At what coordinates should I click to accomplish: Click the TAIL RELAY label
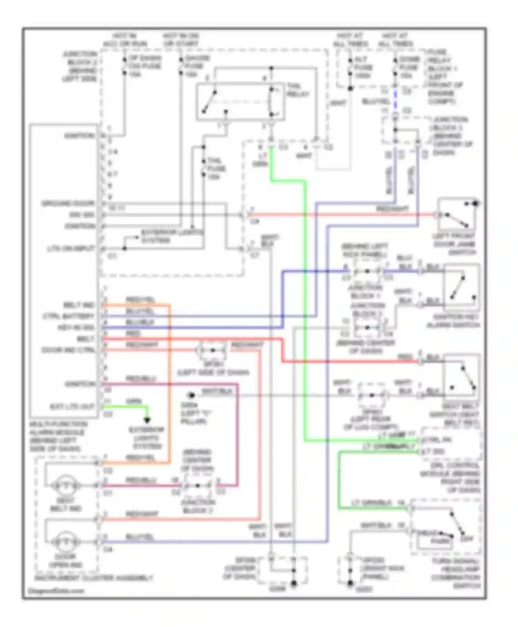point(298,90)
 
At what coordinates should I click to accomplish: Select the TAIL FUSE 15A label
point(216,169)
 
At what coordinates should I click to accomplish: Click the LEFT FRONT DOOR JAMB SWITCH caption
point(454,244)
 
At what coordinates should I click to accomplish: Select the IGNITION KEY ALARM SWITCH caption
point(453,321)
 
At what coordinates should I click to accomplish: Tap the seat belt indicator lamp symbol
point(66,486)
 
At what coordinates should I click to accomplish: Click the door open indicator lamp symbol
point(66,542)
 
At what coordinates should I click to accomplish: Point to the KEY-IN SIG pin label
point(76,327)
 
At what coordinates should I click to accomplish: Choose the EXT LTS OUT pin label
point(72,406)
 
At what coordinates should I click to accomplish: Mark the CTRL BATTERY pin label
point(68,316)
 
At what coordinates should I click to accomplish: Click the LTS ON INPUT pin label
point(71,249)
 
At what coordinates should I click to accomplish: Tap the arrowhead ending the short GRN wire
point(147,420)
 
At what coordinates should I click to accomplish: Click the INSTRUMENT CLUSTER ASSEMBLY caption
point(93,578)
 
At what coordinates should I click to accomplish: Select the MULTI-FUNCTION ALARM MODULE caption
point(57,436)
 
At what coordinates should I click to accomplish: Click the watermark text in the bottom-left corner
point(56,591)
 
